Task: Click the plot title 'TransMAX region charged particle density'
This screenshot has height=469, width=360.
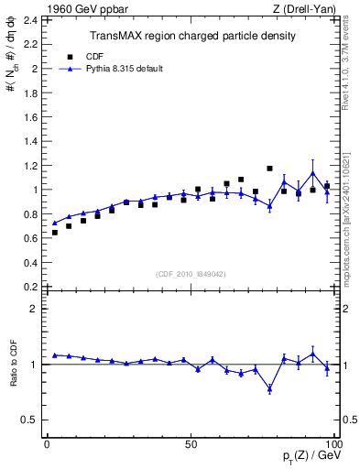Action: pyautogui.click(x=191, y=36)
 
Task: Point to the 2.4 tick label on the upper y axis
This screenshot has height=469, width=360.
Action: pyautogui.click(x=29, y=20)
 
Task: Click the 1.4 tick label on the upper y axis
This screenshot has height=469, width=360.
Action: pyautogui.click(x=29, y=141)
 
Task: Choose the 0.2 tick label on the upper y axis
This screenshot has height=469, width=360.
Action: pyautogui.click(x=29, y=287)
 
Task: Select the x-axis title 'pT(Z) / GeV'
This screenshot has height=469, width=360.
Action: pyautogui.click(x=311, y=458)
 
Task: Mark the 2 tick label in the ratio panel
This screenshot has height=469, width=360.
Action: pyautogui.click(x=33, y=309)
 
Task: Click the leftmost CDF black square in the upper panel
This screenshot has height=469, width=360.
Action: pyautogui.click(x=55, y=233)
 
